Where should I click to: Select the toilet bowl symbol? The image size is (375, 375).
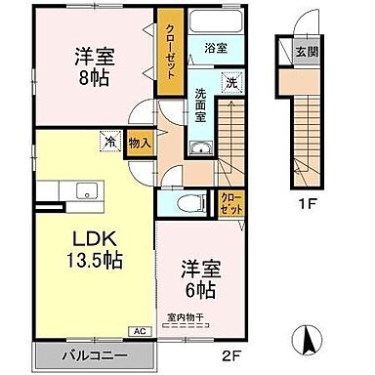194,203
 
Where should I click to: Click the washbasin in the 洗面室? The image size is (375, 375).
201,148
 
